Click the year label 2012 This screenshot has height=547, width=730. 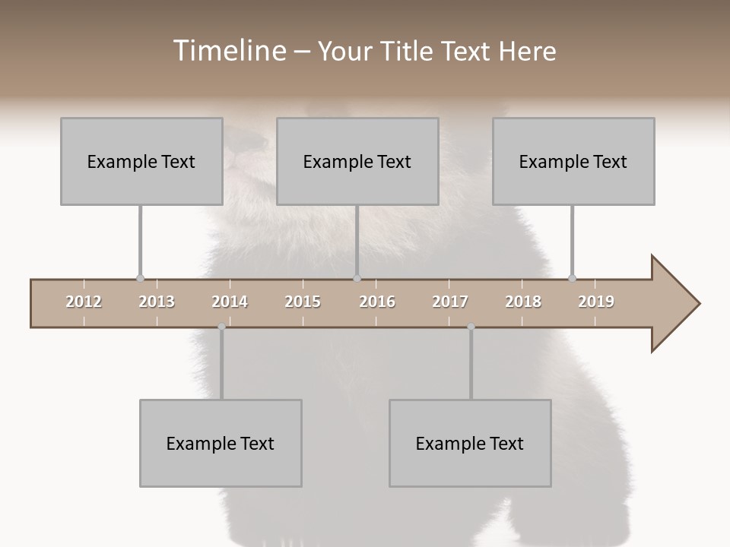pyautogui.click(x=84, y=302)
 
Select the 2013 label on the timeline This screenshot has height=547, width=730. pyautogui.click(x=157, y=302)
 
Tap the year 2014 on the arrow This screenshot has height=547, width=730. pyautogui.click(x=230, y=302)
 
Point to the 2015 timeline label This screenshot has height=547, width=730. pyautogui.click(x=303, y=302)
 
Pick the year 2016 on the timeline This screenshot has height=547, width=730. pyautogui.click(x=377, y=302)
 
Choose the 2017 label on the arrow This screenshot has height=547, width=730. pyautogui.click(x=450, y=302)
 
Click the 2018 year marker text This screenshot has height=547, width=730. pyautogui.click(x=523, y=302)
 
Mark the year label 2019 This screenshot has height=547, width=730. pyautogui.click(x=596, y=302)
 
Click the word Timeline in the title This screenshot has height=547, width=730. pyautogui.click(x=227, y=51)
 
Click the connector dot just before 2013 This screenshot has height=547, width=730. pyautogui.click(x=140, y=279)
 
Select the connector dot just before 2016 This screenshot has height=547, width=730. pyautogui.click(x=357, y=279)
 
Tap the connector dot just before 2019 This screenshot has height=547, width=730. pyautogui.click(x=573, y=279)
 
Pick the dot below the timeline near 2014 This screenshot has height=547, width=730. pyautogui.click(x=221, y=327)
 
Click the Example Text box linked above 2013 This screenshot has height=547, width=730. pyautogui.click(x=141, y=161)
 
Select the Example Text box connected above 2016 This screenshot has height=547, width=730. pyautogui.click(x=357, y=161)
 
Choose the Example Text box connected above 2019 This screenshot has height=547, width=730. pyautogui.click(x=573, y=161)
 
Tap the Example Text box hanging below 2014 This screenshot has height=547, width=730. pyautogui.click(x=221, y=443)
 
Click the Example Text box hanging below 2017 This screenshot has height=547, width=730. pyautogui.click(x=470, y=443)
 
